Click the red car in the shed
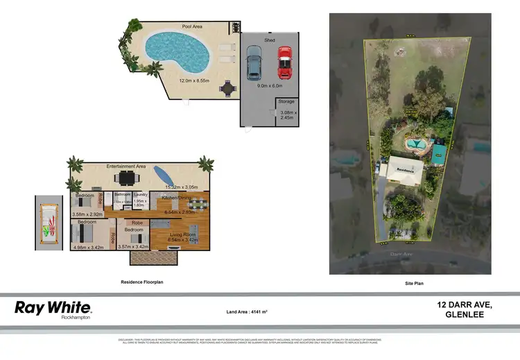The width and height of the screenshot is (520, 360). click(x=284, y=63)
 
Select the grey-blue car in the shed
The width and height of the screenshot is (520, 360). click(x=253, y=62)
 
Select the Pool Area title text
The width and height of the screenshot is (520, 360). click(x=191, y=26)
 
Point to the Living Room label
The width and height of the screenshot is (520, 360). click(x=183, y=234)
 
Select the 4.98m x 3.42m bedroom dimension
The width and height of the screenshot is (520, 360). click(x=87, y=246)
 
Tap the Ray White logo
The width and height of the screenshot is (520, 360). click(x=53, y=308)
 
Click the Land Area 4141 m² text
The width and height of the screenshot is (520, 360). click(x=247, y=311)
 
